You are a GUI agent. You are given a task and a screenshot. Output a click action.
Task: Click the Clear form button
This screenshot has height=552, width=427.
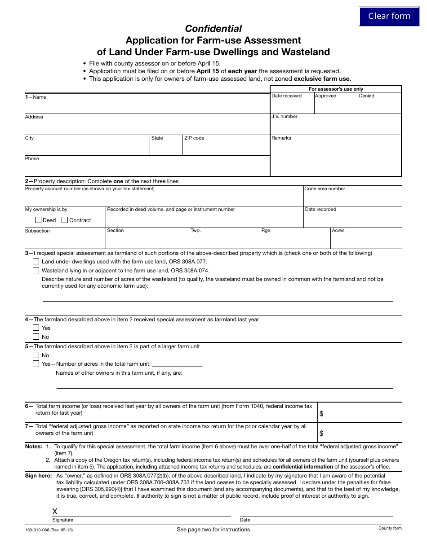click(389, 16)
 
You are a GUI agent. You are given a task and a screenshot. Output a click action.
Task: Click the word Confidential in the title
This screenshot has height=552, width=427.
click(213, 29)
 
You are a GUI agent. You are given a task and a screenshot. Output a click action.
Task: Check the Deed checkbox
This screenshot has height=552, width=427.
click(38, 220)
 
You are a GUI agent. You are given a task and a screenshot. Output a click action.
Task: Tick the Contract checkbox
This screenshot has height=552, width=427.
click(65, 220)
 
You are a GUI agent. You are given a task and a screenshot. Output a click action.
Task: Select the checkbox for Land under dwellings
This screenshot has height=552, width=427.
click(36, 261)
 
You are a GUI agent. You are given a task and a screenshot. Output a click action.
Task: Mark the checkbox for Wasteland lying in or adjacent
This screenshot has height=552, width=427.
click(36, 270)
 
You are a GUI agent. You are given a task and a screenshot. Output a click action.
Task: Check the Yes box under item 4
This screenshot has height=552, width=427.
click(36, 328)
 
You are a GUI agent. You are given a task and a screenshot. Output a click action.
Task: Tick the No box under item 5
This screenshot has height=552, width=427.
click(36, 355)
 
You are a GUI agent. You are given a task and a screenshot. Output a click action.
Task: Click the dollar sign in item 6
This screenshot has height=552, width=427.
click(321, 414)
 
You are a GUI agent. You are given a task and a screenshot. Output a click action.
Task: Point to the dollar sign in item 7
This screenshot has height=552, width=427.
click(321, 433)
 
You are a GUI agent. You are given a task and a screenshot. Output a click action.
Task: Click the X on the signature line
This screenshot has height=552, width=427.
click(55, 512)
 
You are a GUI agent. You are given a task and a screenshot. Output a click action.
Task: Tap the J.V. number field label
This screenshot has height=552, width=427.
click(284, 117)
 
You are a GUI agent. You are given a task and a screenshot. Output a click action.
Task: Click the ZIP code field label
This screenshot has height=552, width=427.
click(194, 138)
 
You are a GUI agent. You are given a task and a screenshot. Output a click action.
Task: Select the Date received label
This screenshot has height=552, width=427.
click(286, 96)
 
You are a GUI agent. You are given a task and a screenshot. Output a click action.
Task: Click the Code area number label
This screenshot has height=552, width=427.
click(325, 189)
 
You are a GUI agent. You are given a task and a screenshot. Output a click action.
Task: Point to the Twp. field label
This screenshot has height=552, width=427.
click(196, 231)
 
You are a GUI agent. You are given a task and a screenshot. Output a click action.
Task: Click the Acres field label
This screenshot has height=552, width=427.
click(338, 231)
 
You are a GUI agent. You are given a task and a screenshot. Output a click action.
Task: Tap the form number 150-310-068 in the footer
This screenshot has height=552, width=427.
click(48, 530)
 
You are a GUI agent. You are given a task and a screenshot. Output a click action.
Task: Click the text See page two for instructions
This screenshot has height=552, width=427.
click(213, 530)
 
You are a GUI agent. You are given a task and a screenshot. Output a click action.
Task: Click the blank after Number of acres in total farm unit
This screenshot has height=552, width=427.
click(177, 364)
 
